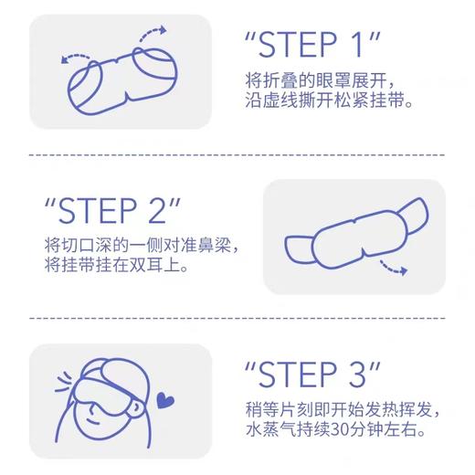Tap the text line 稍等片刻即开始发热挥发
click(343, 407)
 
